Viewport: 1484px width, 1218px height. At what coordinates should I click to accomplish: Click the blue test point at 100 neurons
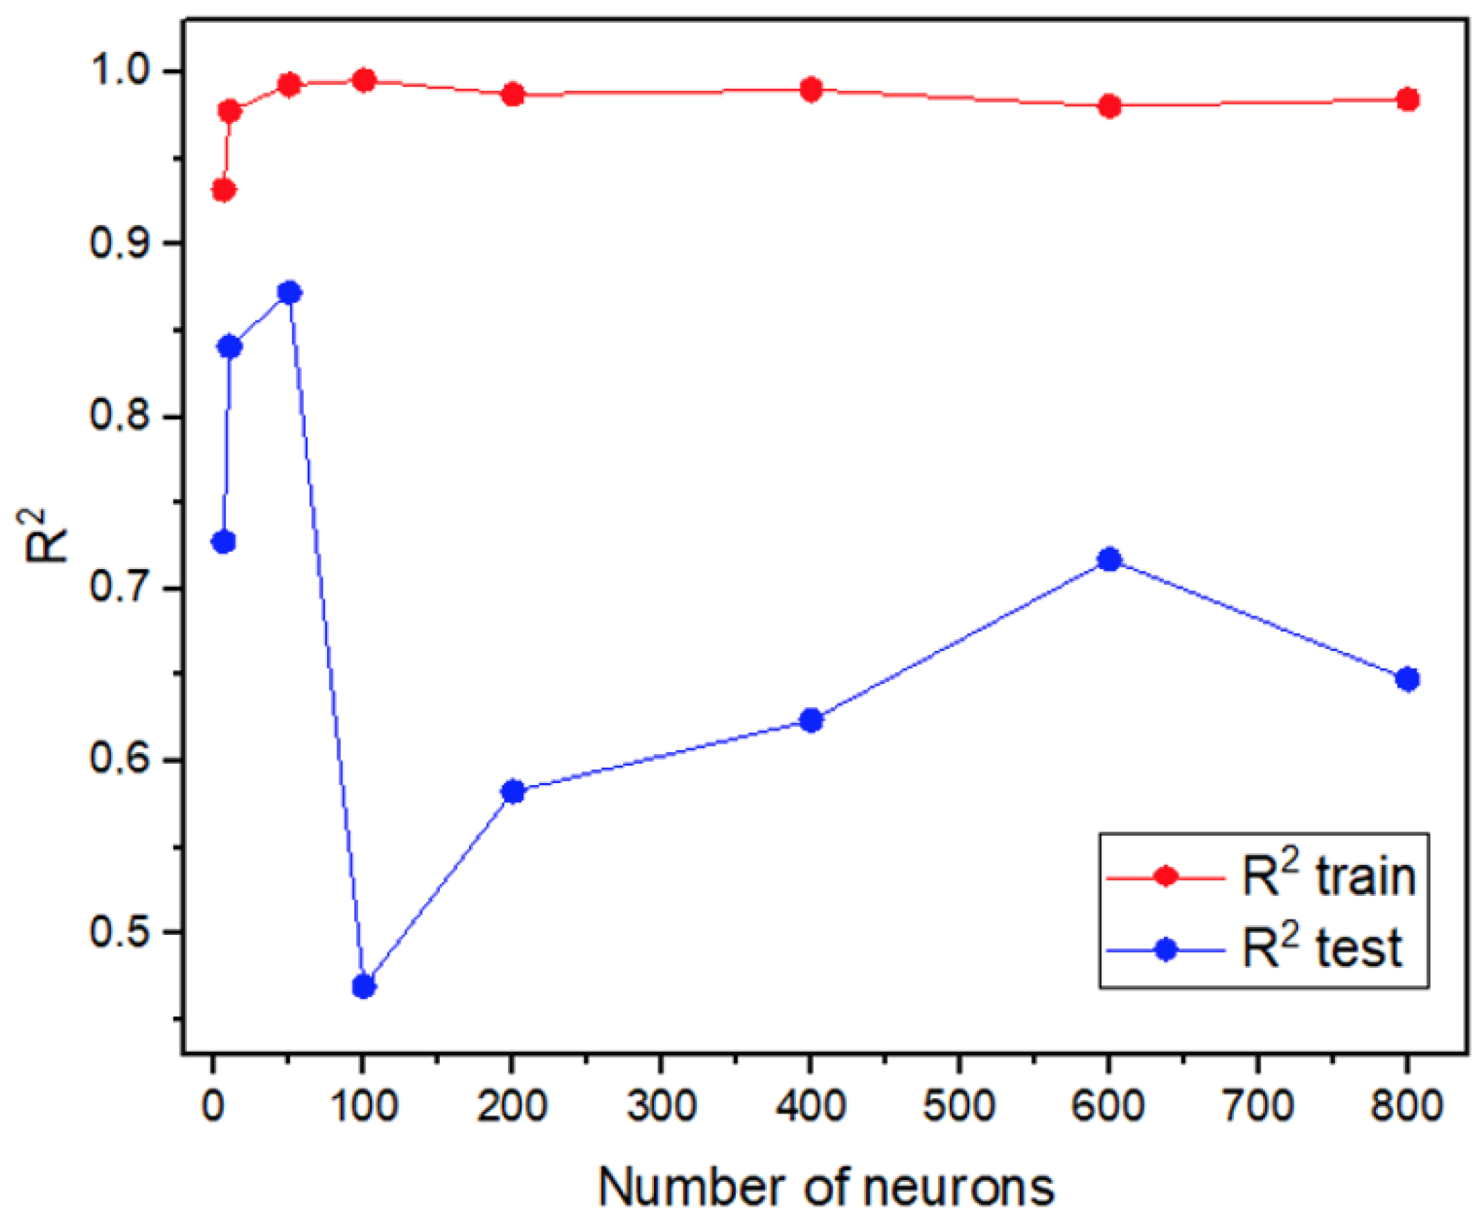(363, 987)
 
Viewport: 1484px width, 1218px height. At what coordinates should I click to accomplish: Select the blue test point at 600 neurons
(1109, 560)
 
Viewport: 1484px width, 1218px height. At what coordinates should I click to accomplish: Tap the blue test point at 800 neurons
(1408, 679)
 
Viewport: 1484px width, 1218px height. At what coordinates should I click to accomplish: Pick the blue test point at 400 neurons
(811, 720)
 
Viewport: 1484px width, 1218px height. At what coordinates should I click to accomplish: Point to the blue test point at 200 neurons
(513, 791)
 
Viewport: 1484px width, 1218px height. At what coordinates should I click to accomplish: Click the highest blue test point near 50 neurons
(289, 293)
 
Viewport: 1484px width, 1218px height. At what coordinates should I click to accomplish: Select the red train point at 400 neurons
(811, 90)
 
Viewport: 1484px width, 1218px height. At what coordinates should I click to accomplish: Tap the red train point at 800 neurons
(1408, 100)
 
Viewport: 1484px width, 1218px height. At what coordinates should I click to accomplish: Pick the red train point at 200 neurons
(513, 94)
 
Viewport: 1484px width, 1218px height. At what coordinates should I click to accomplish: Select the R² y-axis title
(45, 537)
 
